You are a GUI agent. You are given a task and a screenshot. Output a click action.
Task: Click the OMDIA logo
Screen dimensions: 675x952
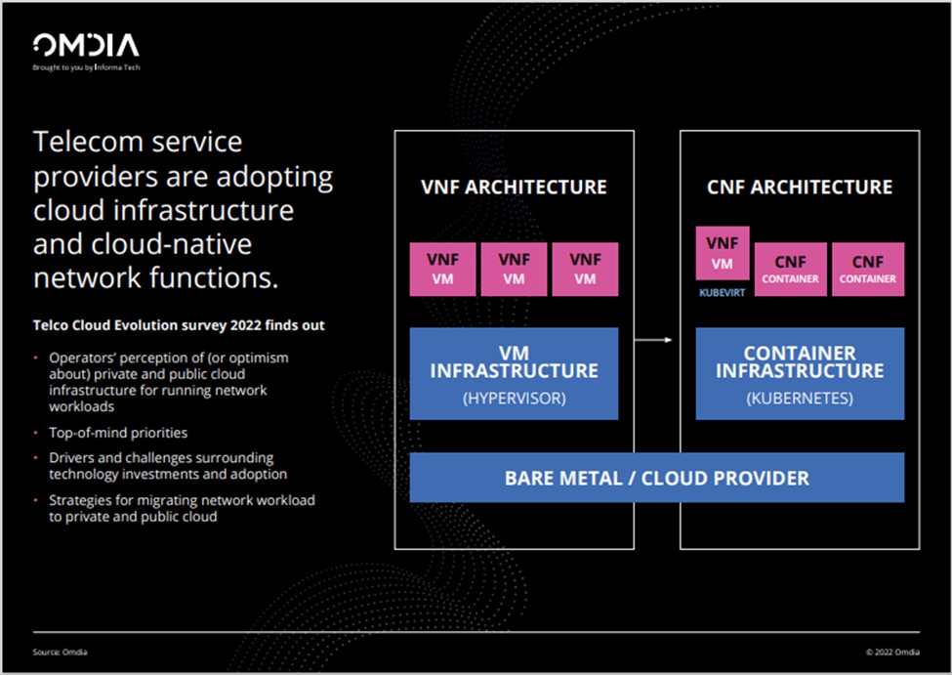click(x=86, y=45)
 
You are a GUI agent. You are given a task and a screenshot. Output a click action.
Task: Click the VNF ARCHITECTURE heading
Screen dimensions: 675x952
click(x=514, y=187)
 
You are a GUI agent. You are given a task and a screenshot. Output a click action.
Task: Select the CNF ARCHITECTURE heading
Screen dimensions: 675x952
click(x=800, y=187)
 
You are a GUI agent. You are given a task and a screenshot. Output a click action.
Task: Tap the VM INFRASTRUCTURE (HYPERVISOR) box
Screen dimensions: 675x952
click(x=514, y=373)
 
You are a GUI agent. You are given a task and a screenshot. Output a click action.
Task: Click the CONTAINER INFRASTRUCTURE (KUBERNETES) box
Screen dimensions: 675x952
click(x=800, y=373)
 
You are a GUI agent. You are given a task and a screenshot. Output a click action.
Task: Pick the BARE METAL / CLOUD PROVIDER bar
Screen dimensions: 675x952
click(x=656, y=478)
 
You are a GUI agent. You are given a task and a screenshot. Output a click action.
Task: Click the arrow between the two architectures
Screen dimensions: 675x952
click(x=656, y=340)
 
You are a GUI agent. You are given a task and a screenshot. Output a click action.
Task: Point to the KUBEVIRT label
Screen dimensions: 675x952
click(x=722, y=291)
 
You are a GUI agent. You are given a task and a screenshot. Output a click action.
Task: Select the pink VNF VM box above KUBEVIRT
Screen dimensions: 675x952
click(x=723, y=253)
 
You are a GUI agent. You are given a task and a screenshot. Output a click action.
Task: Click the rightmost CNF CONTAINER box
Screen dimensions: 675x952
click(x=868, y=270)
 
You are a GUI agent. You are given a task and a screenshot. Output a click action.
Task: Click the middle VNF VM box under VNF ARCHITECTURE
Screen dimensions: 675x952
click(x=514, y=270)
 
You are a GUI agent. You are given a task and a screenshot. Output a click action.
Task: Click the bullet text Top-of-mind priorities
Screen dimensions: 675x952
click(x=118, y=432)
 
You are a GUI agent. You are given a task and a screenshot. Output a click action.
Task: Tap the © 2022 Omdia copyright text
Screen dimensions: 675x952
click(x=891, y=653)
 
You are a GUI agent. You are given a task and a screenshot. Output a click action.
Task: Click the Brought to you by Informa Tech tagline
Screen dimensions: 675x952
click(x=86, y=67)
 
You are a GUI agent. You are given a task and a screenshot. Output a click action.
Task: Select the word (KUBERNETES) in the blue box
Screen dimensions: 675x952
click(x=800, y=400)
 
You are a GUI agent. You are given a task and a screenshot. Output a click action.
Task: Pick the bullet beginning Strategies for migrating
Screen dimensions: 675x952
click(x=182, y=508)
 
